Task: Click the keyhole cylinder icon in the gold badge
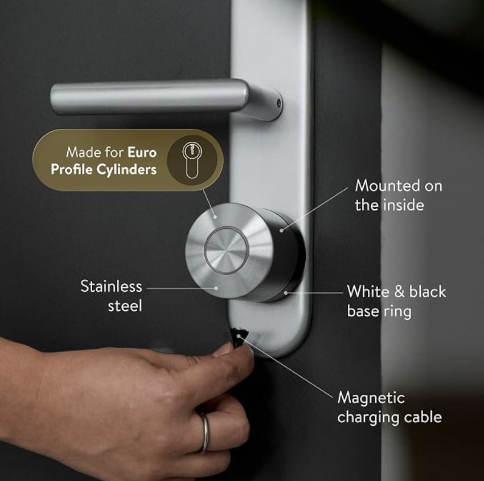(192, 160)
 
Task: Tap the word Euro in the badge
(142, 152)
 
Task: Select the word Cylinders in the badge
(126, 169)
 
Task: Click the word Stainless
(111, 286)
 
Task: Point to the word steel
(125, 306)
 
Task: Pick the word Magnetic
(371, 398)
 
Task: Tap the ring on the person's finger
(204, 433)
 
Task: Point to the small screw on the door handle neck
(279, 103)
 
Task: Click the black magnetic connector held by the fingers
(240, 337)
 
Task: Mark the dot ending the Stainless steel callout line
(216, 288)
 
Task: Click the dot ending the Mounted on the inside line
(281, 230)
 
